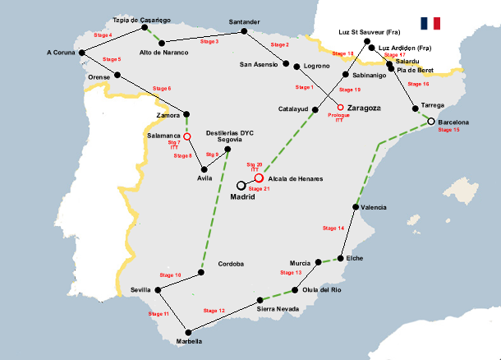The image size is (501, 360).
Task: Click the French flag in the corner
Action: click(430, 23)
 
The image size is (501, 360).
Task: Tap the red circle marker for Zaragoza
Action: click(341, 107)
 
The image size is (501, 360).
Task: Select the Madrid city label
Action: click(243, 196)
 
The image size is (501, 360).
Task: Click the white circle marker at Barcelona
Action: click(430, 122)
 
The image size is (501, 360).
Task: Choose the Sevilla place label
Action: click(141, 290)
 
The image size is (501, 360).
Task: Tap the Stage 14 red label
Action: click(333, 228)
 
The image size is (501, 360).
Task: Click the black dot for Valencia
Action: click(355, 208)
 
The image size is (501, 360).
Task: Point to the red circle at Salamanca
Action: click(187, 136)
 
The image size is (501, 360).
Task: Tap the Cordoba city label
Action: click(232, 264)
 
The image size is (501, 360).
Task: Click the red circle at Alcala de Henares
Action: click(258, 178)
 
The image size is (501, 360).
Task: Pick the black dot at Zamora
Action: click(187, 115)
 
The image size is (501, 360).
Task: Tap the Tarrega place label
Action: click(432, 105)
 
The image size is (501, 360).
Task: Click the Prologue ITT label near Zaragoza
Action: click(338, 118)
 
